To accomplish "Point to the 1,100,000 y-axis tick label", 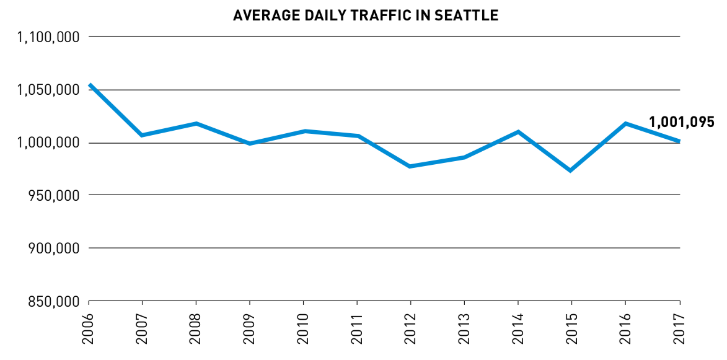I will [49, 37].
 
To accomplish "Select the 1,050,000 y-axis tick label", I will [49, 90].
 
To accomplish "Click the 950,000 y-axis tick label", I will [53, 195].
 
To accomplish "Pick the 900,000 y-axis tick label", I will [53, 248].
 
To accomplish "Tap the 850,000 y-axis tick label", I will [53, 302].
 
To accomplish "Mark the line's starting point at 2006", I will [90, 85].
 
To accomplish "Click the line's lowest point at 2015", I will [570, 170].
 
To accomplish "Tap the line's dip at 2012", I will [410, 167].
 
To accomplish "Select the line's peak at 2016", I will [625, 123].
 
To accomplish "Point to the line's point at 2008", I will [196, 123].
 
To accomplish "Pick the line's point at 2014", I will [518, 131].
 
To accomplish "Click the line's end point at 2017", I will [679, 141].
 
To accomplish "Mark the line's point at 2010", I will [304, 131].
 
